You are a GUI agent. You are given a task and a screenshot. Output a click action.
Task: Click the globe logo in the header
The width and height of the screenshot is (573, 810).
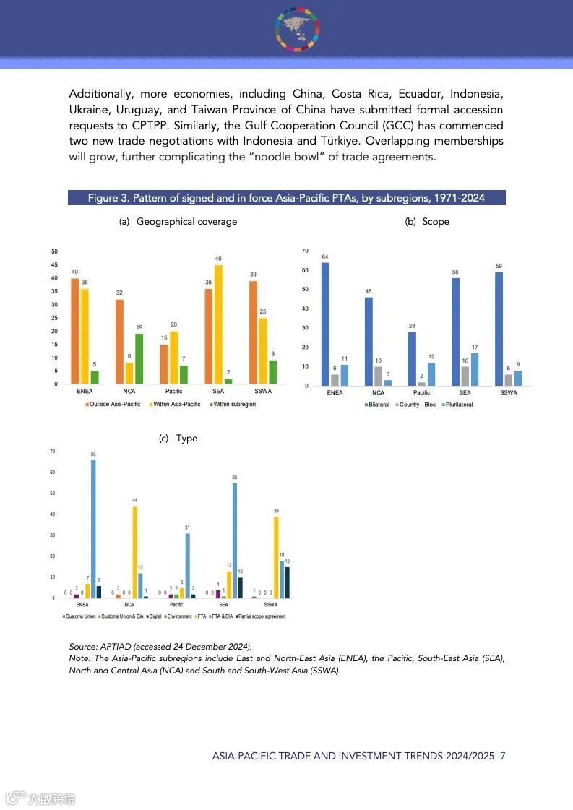coord(297,29)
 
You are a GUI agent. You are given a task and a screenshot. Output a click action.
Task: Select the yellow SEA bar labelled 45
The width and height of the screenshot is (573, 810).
coord(218,324)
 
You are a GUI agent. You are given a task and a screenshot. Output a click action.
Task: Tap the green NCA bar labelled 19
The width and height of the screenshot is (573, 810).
coord(139,358)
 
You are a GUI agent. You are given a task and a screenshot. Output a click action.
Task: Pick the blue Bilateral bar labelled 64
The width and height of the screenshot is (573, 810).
coord(325,324)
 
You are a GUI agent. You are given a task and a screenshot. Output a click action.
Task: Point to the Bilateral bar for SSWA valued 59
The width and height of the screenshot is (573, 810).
coord(499,329)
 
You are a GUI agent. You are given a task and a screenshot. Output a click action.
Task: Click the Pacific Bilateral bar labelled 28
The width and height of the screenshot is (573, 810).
coord(412,358)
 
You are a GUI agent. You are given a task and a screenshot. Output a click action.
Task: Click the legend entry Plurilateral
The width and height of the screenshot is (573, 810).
coord(457,405)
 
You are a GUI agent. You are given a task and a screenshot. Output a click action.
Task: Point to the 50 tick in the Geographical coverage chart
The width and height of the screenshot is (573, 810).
coord(55,251)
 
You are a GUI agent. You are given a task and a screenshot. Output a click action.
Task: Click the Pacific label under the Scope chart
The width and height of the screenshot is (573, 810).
coord(421,392)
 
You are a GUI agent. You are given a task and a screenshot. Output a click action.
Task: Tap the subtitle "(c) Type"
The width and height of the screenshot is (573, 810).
coord(178,439)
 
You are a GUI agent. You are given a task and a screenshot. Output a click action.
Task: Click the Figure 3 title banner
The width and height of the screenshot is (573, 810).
coord(286,198)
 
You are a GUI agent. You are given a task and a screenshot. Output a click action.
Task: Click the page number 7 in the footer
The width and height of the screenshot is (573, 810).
coord(502,756)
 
